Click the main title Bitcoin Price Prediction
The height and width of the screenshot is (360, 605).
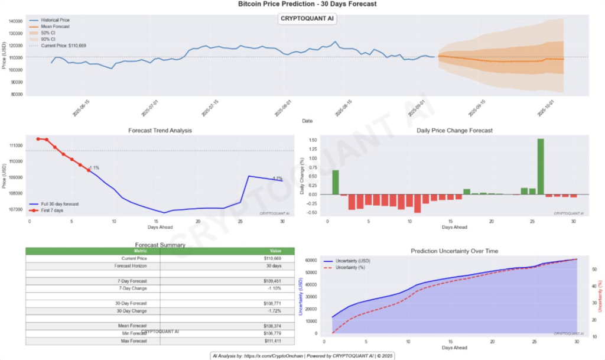[x=307, y=4]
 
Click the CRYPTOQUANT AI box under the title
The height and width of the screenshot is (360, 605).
[x=307, y=18]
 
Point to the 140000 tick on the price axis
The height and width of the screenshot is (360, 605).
[x=16, y=21]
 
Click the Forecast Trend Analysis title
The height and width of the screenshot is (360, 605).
[x=160, y=130]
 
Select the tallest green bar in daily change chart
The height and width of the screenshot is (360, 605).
[x=541, y=167]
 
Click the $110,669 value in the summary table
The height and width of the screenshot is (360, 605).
[x=272, y=258]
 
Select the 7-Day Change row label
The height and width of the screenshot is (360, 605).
[x=134, y=288]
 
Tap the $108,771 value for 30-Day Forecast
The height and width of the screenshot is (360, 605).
[x=272, y=303]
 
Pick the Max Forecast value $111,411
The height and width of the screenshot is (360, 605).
[x=272, y=341]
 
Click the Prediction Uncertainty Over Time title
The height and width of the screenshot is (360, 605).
[x=454, y=251]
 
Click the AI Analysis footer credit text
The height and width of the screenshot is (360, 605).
[x=302, y=355]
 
